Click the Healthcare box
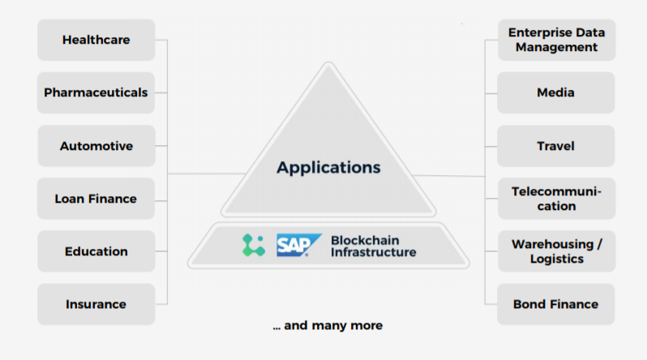point(96,40)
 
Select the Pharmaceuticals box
point(96,92)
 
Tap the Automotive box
point(96,146)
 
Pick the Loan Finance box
point(96,199)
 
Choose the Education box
point(96,251)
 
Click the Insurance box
point(96,304)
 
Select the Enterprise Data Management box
point(555,40)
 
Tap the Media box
point(555,92)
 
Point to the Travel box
point(555,146)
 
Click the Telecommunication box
point(555,199)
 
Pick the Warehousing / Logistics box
point(555,251)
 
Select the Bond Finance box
point(555,304)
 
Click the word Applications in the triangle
point(328,168)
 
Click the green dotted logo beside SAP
point(254,246)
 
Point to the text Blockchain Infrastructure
point(373,246)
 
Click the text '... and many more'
point(328,325)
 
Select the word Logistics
point(555,259)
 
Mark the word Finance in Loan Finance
point(113,199)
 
